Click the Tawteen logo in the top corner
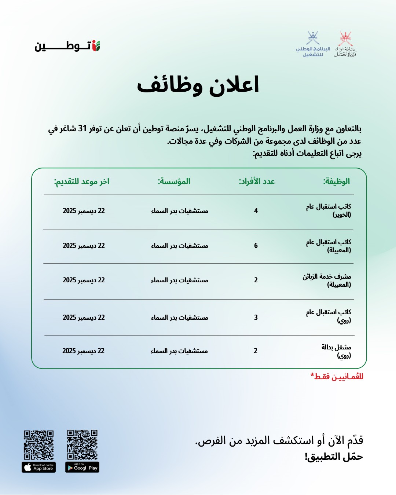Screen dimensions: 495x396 tap(67, 46)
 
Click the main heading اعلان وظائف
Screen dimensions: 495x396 tap(198, 85)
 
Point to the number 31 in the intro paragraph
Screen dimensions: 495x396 tap(82, 129)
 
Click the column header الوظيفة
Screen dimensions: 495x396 tap(336, 181)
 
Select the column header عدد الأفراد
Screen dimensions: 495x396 tap(257, 181)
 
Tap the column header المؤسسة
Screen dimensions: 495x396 tap(174, 181)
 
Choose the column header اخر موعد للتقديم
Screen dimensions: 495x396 tap(82, 181)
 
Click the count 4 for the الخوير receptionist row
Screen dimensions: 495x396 tap(256, 211)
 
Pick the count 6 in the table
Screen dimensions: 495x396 tap(256, 246)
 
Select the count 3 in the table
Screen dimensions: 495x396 tap(256, 318)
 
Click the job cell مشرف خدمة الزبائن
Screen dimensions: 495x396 tap(327, 280)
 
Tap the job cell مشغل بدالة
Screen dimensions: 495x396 tap(336, 351)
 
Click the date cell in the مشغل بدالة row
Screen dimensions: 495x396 tap(83, 351)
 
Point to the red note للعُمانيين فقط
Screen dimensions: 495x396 tap(337, 377)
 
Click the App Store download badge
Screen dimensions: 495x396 tap(38, 467)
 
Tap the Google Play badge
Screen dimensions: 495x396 tap(82, 467)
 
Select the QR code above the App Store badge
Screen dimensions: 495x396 tap(38, 445)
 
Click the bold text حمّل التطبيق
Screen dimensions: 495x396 tap(334, 457)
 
